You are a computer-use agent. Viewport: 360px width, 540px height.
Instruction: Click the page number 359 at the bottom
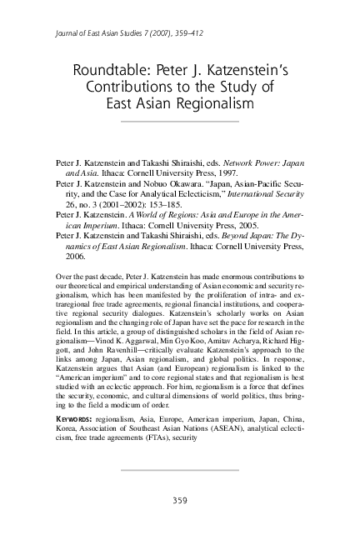click(x=180, y=501)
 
